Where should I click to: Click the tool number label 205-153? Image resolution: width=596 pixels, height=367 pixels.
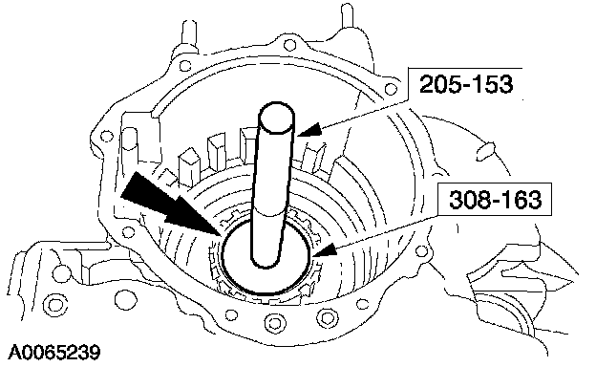coord(466,84)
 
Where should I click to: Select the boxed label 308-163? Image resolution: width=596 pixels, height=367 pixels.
coord(495,199)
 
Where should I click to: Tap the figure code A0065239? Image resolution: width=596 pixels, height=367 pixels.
coord(54,353)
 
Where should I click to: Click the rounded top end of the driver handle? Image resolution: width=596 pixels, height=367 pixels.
coord(276,118)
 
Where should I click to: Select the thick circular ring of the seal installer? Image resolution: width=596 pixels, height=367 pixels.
coord(266,256)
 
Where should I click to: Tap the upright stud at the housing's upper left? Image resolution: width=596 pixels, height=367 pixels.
coord(189,33)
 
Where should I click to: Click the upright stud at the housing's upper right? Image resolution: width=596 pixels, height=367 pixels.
coord(348,14)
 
